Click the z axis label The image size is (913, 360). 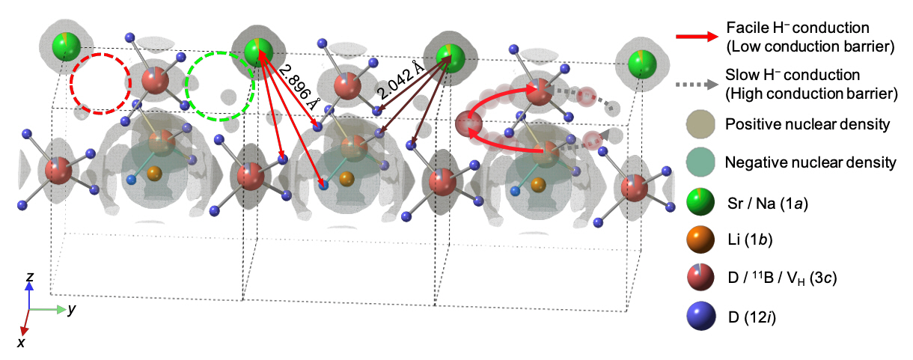30,278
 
